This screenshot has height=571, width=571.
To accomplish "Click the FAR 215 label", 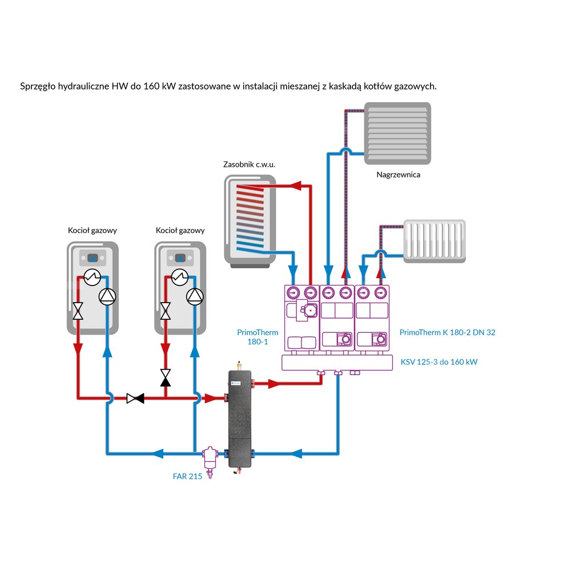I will [x=187, y=476].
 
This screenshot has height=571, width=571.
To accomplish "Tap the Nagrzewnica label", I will [x=398, y=175].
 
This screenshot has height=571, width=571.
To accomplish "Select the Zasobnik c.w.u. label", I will [x=249, y=164].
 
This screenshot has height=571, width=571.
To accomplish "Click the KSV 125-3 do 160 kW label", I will [x=439, y=362].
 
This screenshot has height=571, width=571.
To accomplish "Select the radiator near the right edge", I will [x=435, y=241].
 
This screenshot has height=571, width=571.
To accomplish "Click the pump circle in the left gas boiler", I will [x=107, y=295].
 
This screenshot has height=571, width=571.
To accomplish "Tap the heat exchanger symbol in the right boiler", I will [x=179, y=278].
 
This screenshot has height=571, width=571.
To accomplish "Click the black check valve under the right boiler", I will [x=166, y=377].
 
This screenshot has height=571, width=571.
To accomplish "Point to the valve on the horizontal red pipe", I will [x=135, y=398].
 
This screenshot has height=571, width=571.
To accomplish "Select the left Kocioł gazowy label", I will [x=93, y=231].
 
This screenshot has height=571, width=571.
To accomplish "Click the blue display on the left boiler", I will [x=93, y=258].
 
